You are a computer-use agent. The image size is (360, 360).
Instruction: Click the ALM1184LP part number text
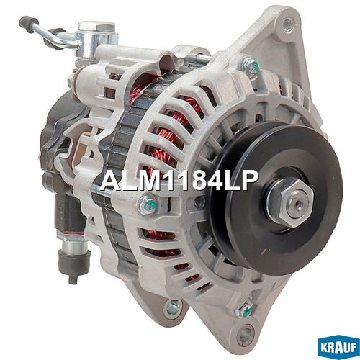179,180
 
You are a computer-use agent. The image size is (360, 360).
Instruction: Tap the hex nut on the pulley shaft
291,203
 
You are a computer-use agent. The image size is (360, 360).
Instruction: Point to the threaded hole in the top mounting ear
287,23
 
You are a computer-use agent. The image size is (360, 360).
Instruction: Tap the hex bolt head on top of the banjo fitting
96,26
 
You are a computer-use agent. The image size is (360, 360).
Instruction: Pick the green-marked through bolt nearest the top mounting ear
251,64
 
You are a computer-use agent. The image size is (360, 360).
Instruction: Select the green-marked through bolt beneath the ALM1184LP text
146,204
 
